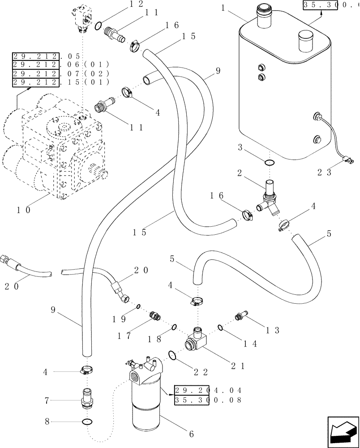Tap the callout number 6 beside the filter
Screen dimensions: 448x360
pos(191,434)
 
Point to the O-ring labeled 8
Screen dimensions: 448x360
pos(88,422)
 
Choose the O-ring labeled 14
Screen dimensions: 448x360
pos(221,328)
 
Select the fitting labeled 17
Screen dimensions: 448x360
pos(155,316)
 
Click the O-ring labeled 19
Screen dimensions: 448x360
pos(139,306)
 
